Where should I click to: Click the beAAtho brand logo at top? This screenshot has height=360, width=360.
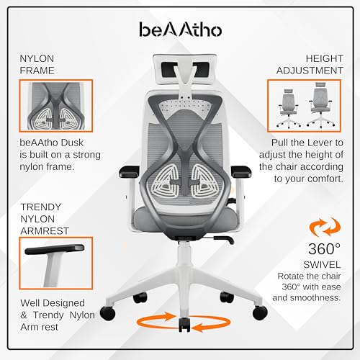pos(180,30)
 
